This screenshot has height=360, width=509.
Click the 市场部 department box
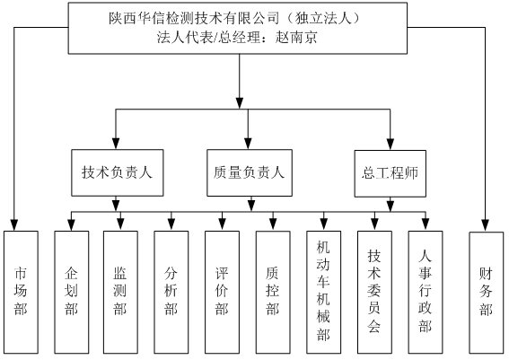tap(21, 292)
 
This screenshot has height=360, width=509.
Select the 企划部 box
tap(72, 292)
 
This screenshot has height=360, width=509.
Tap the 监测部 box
tap(120, 292)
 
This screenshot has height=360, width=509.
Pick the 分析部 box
tap(171, 292)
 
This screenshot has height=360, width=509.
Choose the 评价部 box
tap(222, 292)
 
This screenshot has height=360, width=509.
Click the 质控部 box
tap(273, 292)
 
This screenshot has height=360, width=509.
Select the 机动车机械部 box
tap(324, 292)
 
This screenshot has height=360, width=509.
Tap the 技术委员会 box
tap(374, 292)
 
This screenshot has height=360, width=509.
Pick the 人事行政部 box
tap(426, 292)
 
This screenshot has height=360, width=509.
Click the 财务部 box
tap(487, 293)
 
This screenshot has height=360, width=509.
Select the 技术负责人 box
tap(118, 172)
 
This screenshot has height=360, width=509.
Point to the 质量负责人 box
tap(250, 172)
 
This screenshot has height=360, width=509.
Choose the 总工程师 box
tap(391, 173)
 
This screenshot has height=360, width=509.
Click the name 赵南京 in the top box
tap(296, 38)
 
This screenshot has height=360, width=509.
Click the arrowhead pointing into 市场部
tap(14, 224)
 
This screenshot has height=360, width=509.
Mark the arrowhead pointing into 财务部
tap(485, 225)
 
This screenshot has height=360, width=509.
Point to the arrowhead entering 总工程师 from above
tap(391, 144)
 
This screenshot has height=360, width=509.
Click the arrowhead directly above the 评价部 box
tap(222, 224)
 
